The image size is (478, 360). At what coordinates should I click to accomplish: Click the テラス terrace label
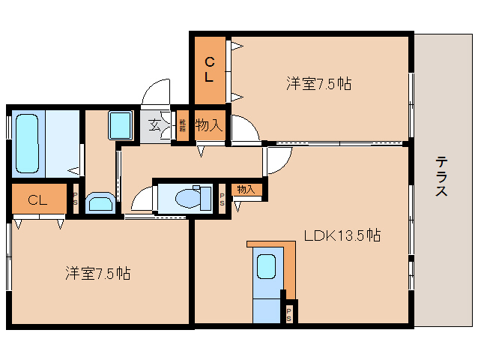(442, 176)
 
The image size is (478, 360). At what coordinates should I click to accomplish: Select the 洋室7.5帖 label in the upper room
(319, 84)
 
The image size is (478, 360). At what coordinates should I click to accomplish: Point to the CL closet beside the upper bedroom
(209, 69)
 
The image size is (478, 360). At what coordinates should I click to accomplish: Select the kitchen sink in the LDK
(266, 268)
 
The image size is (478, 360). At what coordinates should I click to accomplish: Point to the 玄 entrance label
(154, 125)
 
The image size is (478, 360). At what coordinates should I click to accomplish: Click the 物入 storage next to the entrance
(208, 125)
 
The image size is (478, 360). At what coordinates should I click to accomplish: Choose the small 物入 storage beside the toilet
(246, 190)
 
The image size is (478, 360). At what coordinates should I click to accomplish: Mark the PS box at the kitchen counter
(289, 314)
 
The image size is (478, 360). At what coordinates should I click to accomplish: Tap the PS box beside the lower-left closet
(75, 199)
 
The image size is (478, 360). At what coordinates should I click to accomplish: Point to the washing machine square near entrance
(120, 124)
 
